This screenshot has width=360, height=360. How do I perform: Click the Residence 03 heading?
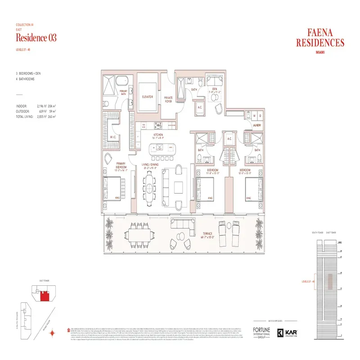tap(36, 38)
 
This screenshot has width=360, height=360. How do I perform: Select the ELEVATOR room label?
tap(148, 97)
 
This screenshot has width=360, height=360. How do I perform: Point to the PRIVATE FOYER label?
tap(168, 100)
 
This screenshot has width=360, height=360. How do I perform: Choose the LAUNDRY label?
tap(256, 126)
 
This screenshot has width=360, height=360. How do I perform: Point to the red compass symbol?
tap(53, 333)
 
